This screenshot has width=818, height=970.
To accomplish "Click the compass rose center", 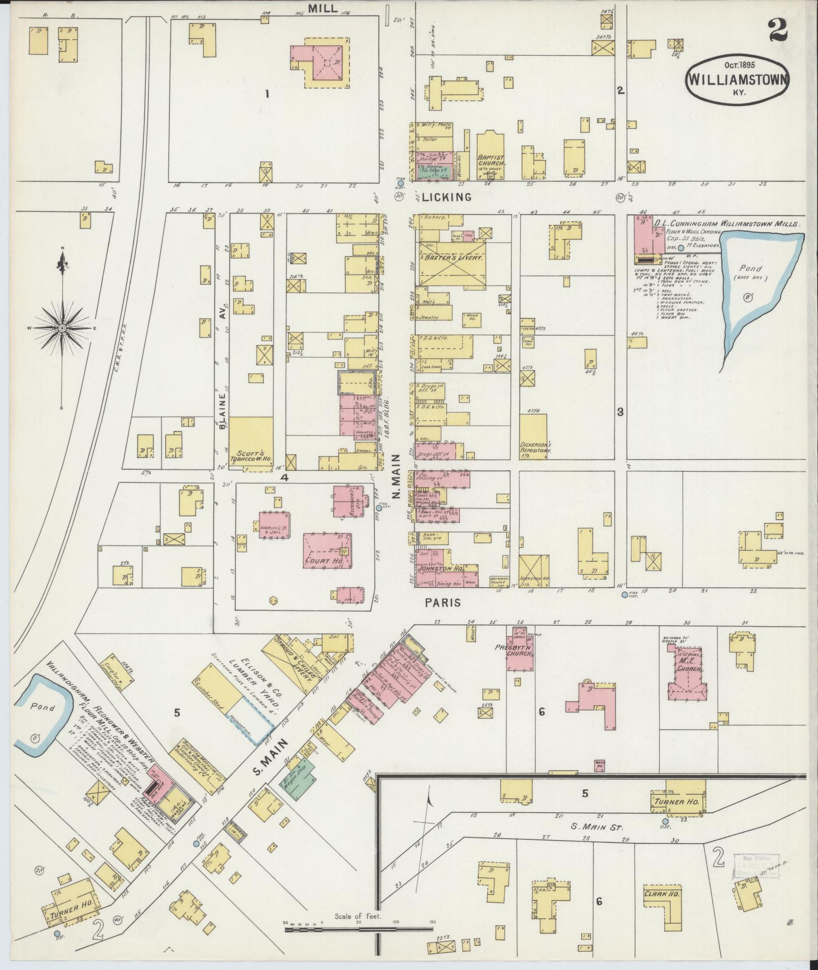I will (62, 328).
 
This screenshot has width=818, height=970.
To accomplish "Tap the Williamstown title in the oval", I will (737, 80).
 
